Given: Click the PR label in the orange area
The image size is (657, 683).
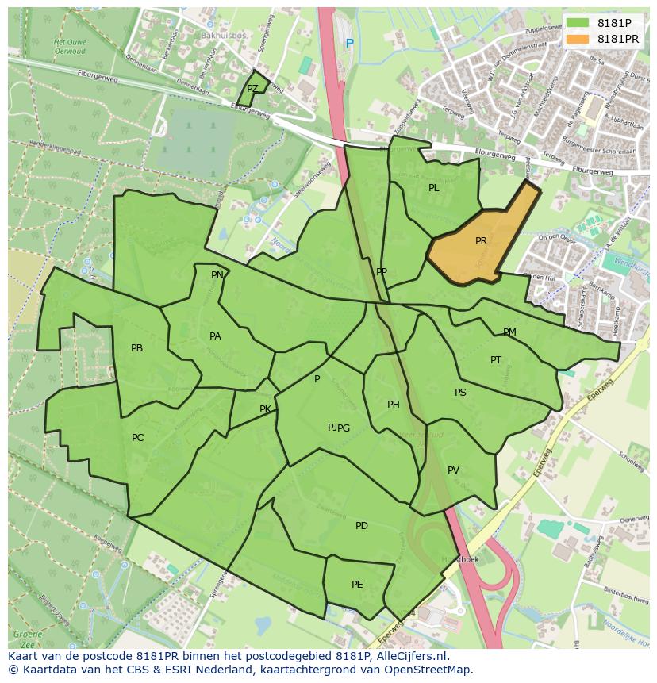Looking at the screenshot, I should tap(481, 241).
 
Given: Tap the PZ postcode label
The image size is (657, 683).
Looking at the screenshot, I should tap(252, 89).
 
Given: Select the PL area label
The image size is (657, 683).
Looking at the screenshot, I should tap(433, 188).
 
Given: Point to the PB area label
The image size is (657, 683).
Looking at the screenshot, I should tap(137, 348).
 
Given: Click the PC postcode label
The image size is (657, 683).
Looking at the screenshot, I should tap(138, 438).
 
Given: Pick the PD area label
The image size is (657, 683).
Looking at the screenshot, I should tap(362, 526).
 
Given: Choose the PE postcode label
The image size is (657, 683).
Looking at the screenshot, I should tap(357, 585).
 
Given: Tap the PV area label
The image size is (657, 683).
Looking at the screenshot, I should tap(453, 470).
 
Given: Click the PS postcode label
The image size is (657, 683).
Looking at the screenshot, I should tap(460, 393).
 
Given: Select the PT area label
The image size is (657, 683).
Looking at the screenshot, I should tap(496, 360).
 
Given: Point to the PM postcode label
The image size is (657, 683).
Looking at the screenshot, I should tap(509, 332).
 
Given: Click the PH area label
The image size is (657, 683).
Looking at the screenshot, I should tap(393, 405).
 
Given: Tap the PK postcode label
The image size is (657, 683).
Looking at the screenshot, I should tap(265, 409).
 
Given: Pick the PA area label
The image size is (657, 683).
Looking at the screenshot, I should tap(215, 336).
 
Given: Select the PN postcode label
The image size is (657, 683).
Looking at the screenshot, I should tap(217, 275).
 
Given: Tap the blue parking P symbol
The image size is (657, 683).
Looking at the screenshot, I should tap(348, 44).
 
